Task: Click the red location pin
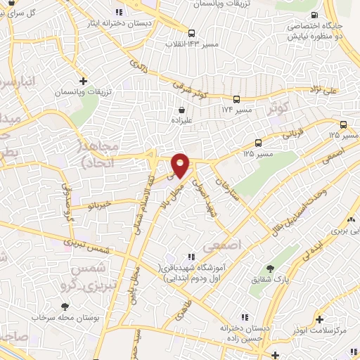[181, 165]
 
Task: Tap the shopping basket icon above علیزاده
[183, 109]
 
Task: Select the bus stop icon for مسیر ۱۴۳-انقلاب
[191, 32]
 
